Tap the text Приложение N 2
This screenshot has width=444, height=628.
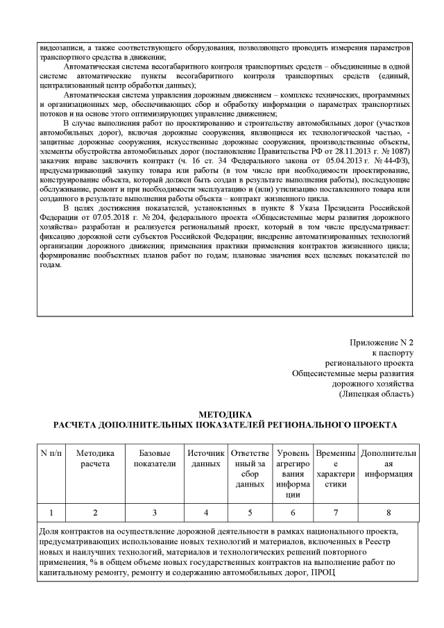tap(382, 343)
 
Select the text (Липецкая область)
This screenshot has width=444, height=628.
tap(377, 394)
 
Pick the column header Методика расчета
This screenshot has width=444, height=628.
tap(94, 459)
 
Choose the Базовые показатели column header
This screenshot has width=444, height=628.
tap(155, 459)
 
